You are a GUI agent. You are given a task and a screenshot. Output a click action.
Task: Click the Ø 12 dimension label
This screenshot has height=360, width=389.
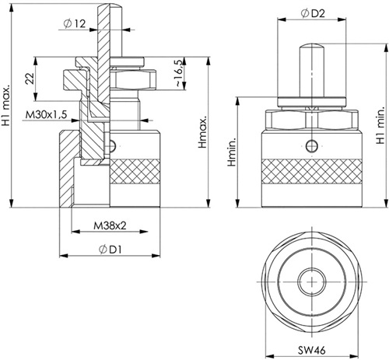click(75, 24)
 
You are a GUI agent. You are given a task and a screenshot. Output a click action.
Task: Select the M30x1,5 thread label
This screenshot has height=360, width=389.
click(46, 114)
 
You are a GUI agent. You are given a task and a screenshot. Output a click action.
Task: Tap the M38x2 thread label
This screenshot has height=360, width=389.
click(110, 225)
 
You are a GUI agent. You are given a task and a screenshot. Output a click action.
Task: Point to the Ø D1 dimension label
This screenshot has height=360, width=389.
click(110, 250)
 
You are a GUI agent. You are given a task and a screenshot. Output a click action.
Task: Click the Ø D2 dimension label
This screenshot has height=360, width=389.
click(313, 13)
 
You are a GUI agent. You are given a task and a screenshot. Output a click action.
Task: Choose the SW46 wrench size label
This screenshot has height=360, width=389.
click(311, 351)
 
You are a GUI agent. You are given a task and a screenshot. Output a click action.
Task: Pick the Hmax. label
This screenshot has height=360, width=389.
click(202, 132)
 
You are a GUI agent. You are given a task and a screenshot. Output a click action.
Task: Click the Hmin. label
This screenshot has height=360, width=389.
click(232, 152)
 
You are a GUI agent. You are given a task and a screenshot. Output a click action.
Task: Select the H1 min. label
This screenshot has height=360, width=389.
click(380, 126)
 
